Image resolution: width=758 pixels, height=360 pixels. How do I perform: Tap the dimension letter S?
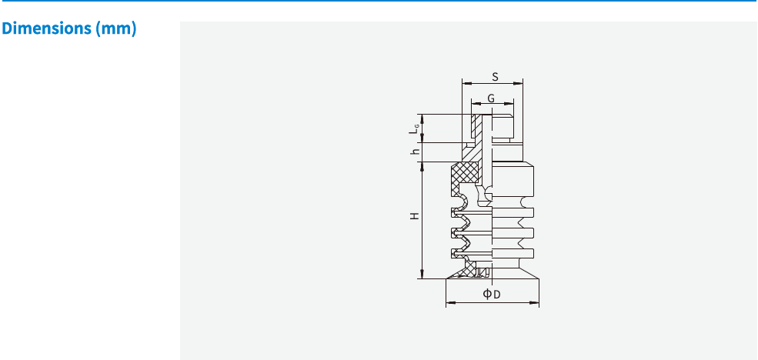(x=495, y=77)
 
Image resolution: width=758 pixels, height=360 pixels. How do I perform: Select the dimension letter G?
(x=490, y=99)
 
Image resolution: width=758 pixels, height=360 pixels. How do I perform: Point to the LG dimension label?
(x=414, y=129)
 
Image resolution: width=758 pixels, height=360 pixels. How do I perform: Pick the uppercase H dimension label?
(x=415, y=217)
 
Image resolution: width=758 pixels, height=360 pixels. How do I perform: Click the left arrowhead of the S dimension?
(x=464, y=82)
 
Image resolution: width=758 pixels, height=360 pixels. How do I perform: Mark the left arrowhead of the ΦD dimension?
(x=449, y=302)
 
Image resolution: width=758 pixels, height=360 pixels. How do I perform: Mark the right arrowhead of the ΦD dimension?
(x=536, y=302)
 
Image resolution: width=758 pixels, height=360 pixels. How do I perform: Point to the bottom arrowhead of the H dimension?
(x=421, y=275)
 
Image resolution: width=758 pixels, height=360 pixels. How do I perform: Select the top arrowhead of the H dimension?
(x=421, y=165)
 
